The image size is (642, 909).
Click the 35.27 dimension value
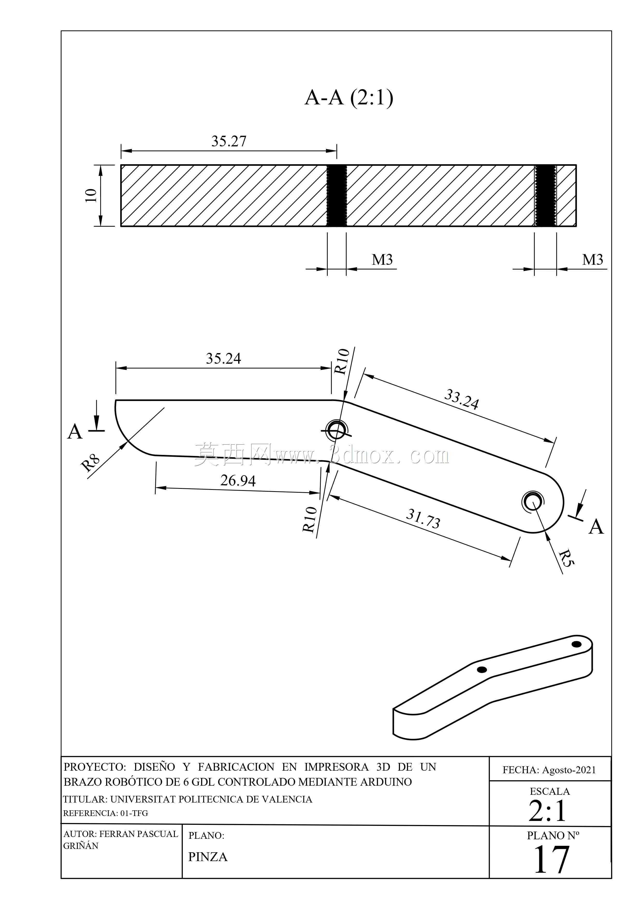tap(229, 141)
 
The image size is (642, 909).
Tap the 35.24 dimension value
tap(223, 358)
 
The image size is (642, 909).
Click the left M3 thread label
tap(382, 260)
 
